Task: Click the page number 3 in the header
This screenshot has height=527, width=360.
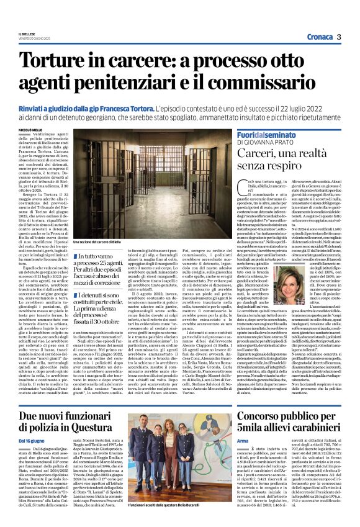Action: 340,37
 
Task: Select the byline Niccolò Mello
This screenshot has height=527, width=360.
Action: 30,130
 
